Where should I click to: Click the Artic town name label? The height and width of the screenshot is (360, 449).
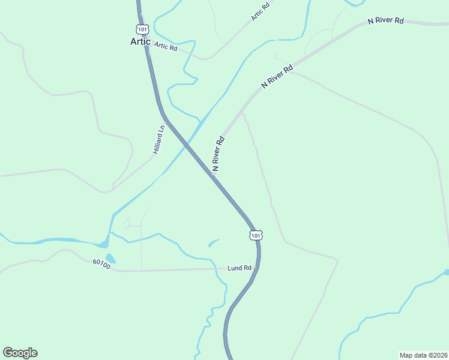tap(141, 41)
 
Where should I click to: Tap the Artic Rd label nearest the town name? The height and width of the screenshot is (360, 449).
tap(166, 46)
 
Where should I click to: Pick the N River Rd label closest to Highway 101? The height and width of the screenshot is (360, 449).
tap(218, 154)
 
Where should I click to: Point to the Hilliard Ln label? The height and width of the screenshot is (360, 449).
tap(159, 140)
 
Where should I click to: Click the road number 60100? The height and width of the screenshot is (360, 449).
tap(102, 264)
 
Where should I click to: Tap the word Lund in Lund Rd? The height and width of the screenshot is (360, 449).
tap(235, 268)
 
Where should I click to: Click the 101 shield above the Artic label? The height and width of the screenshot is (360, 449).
tap(142, 29)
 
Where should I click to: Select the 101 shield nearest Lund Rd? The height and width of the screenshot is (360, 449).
tap(256, 235)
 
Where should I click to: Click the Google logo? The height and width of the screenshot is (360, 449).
tap(20, 353)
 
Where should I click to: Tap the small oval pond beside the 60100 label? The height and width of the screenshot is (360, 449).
tap(111, 259)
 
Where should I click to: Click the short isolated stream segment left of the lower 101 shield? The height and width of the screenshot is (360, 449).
tap(214, 242)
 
